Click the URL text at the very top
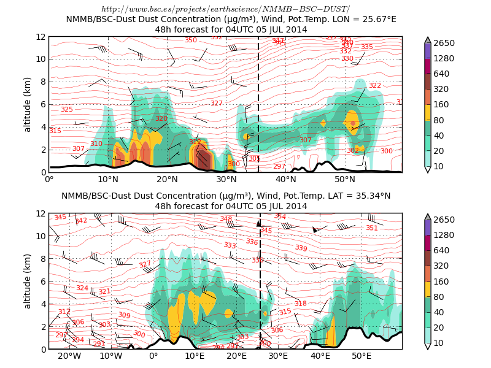pos(225,9)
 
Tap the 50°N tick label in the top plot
pos(345,179)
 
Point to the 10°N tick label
pos(108,179)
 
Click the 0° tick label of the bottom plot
pos(153,356)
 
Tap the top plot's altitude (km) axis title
pos(28,104)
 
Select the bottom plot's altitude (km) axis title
pos(28,281)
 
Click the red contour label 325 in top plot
pos(66,109)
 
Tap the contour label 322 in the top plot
pos(374,85)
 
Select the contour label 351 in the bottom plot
pos(372,228)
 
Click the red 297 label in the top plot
pos(279,166)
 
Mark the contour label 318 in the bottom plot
pos(300,304)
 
